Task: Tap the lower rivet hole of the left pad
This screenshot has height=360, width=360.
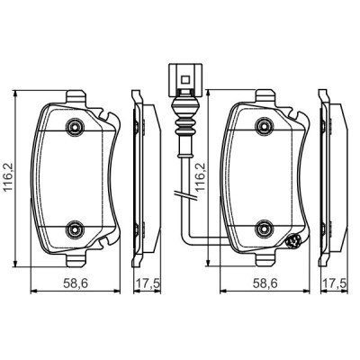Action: pyautogui.click(x=76, y=227)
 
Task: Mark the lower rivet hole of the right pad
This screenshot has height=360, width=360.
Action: pyautogui.click(x=264, y=227)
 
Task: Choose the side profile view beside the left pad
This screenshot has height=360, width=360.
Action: pyautogui.click(x=139, y=176)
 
